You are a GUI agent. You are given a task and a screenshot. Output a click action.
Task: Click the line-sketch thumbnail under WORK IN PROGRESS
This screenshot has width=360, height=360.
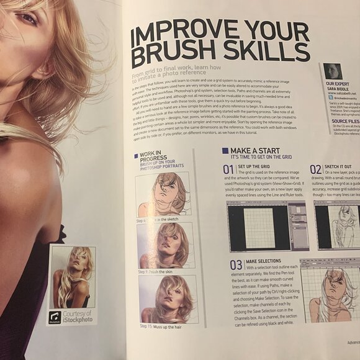pos(163,194)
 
